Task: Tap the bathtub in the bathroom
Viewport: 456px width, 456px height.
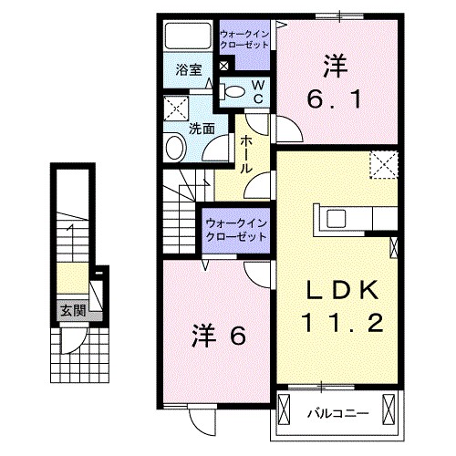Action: coord(187,38)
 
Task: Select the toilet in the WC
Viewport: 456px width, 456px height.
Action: coord(234,90)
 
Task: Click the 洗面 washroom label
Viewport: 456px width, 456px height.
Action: coord(202,129)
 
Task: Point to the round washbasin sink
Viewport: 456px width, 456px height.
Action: coord(173,147)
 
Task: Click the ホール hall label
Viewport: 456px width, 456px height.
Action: coord(246,155)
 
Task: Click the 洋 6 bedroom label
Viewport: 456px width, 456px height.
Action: coord(219,337)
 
